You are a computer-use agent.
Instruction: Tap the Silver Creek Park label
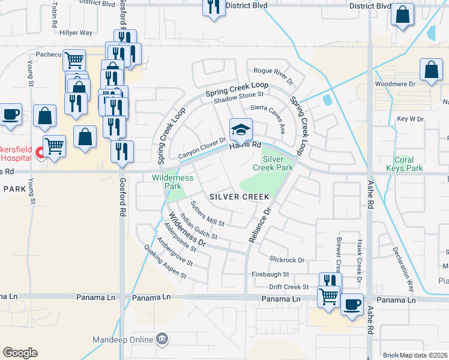[277, 163]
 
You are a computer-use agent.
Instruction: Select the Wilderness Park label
[172, 182]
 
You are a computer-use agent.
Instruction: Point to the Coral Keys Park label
[409, 164]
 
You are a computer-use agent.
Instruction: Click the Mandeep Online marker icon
[162, 340]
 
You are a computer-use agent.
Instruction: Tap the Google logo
[20, 353]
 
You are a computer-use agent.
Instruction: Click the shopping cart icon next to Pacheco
[74, 59]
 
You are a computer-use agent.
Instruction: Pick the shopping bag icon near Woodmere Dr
[431, 70]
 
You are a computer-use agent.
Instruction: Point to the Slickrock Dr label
[287, 260]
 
